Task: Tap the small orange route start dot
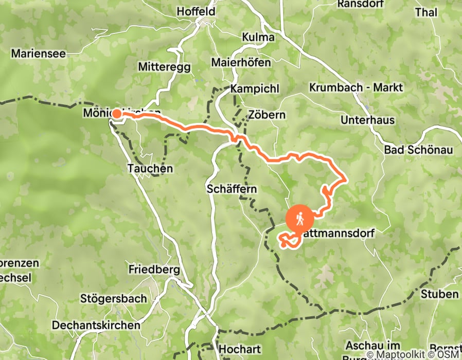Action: point(117,114)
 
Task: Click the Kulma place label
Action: point(258,38)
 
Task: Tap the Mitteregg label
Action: point(165,67)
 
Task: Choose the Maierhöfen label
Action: point(241,63)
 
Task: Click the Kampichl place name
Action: point(255,89)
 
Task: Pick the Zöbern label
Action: point(266,114)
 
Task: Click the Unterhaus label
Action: point(367,120)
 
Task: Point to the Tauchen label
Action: point(150,168)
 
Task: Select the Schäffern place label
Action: point(231,189)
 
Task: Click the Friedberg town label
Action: point(154,269)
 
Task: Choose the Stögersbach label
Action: point(113,298)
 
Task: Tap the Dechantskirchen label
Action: point(96,325)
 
